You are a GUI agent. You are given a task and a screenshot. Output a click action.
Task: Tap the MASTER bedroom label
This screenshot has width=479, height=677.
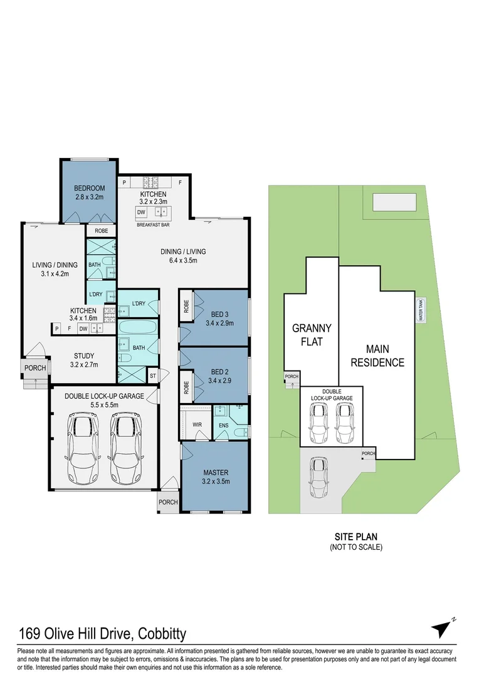(x=215, y=476)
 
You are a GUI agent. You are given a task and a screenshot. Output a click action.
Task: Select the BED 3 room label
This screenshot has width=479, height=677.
(x=219, y=319)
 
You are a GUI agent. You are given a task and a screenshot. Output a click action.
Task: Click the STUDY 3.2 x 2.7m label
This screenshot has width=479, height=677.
(x=83, y=360)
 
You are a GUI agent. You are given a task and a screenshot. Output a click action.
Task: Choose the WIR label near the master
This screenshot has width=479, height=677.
(x=196, y=424)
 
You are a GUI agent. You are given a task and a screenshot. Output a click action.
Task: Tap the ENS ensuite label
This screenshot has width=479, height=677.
(x=224, y=425)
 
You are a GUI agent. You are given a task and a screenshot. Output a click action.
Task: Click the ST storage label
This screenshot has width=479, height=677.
(x=152, y=376)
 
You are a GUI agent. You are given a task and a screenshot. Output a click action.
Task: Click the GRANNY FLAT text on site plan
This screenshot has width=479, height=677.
(x=312, y=335)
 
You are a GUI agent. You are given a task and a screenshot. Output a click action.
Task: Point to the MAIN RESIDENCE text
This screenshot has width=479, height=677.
(x=377, y=355)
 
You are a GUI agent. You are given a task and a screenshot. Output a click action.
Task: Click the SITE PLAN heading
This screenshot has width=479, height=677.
(x=355, y=537)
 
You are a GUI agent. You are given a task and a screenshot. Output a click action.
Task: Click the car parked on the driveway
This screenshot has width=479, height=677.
(x=320, y=476)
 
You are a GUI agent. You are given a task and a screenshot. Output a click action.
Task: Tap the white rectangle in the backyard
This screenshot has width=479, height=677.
(x=394, y=203)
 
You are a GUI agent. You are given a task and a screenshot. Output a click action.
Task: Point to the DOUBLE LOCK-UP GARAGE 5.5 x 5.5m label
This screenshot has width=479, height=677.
(x=105, y=401)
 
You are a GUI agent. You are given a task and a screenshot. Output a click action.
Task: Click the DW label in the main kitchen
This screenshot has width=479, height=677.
(x=141, y=213)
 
